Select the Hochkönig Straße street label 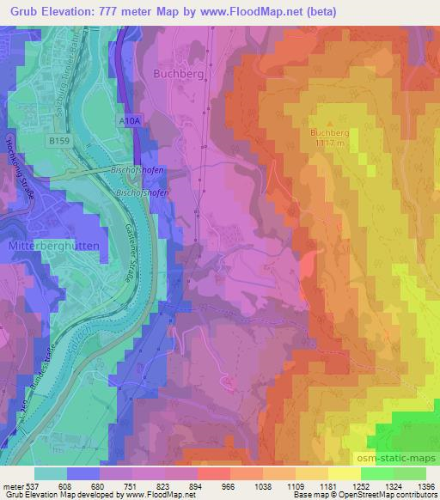(x=20, y=168)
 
